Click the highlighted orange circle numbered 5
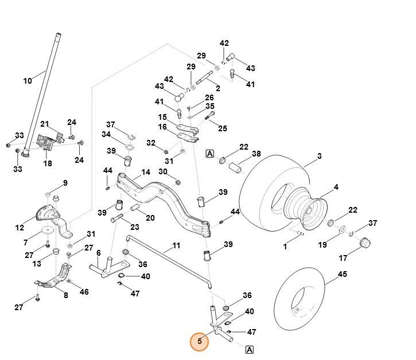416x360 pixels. pos(200,342)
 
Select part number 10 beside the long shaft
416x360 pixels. pos(28,81)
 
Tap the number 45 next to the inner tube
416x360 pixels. pos(342,275)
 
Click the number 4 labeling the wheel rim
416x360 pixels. pos(336,187)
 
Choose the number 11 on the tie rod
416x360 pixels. pos(176,245)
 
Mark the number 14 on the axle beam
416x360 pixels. pos(146,172)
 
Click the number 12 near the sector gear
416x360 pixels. pos(20,228)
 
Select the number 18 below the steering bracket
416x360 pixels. pos(47,163)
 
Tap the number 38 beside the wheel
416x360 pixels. pos(256,154)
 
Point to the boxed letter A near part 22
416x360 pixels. pos(209,154)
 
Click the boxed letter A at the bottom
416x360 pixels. pos(250,349)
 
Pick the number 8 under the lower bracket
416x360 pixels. pos(65,296)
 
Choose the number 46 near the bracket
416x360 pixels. pos(84,292)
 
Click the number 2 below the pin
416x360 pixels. pos(218,88)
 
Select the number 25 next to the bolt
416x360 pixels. pos(223,128)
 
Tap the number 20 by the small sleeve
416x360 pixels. pos(150,218)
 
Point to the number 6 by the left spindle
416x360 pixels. pos(98,253)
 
